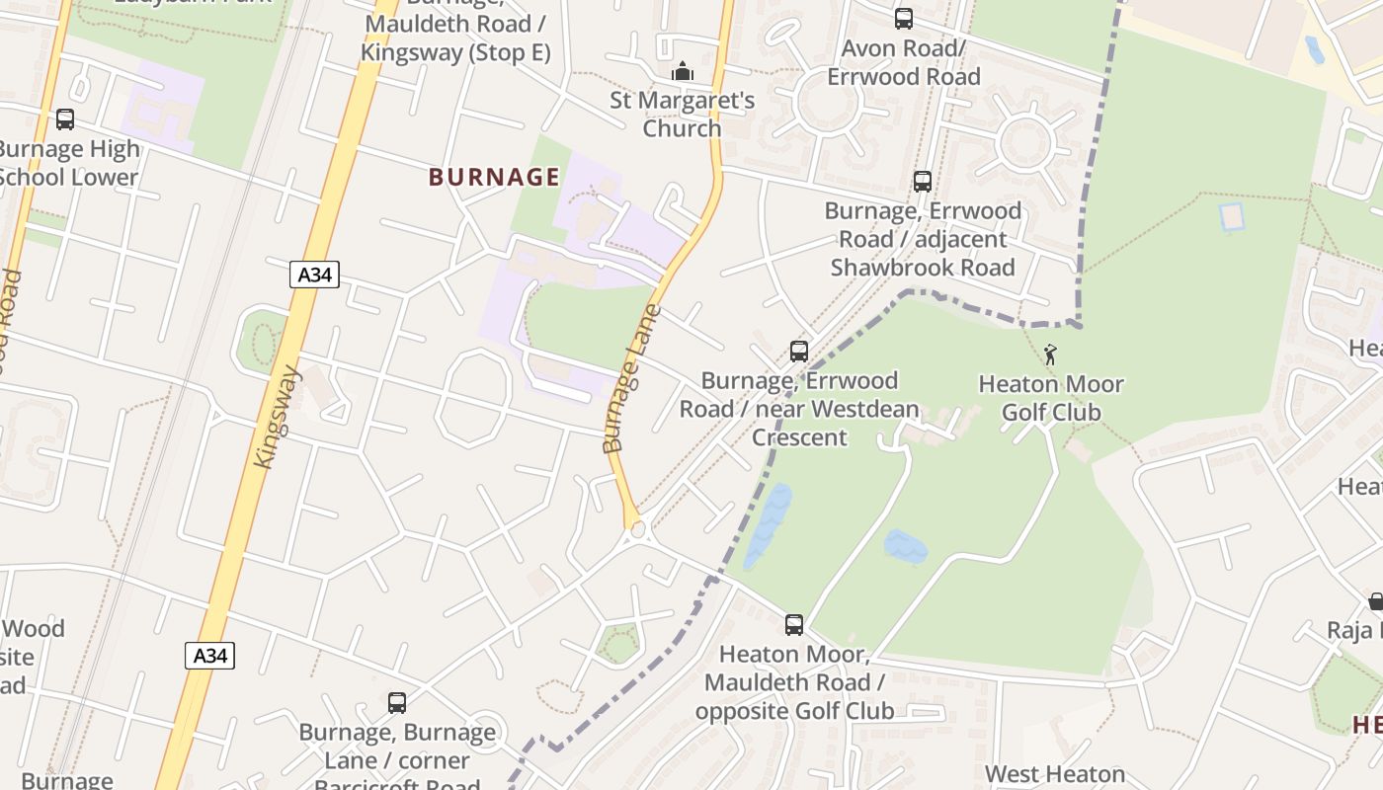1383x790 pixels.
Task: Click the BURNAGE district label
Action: point(494,178)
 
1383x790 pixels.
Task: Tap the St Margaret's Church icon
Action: point(682,72)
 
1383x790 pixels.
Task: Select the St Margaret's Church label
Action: point(682,115)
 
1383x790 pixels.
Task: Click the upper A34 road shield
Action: point(314,275)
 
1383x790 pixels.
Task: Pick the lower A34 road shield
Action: point(209,655)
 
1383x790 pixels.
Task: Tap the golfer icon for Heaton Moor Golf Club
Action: point(1050,355)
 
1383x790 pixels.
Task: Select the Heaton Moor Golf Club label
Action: point(1051,398)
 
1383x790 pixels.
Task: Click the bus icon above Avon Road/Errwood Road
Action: point(903,19)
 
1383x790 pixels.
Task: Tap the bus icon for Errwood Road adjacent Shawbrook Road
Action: point(922,182)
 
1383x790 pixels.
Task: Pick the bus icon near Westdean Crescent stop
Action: point(798,352)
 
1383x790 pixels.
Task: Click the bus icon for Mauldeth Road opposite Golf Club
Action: point(793,624)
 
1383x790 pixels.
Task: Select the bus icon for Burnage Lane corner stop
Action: point(396,703)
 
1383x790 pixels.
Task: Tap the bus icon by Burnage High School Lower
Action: point(65,119)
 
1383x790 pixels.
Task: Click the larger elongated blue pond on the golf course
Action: point(769,525)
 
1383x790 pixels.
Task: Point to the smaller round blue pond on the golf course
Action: point(906,546)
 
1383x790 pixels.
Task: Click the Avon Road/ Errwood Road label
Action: point(903,62)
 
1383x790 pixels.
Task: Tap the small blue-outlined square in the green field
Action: point(1231,217)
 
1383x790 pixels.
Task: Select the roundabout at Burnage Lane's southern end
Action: point(637,530)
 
